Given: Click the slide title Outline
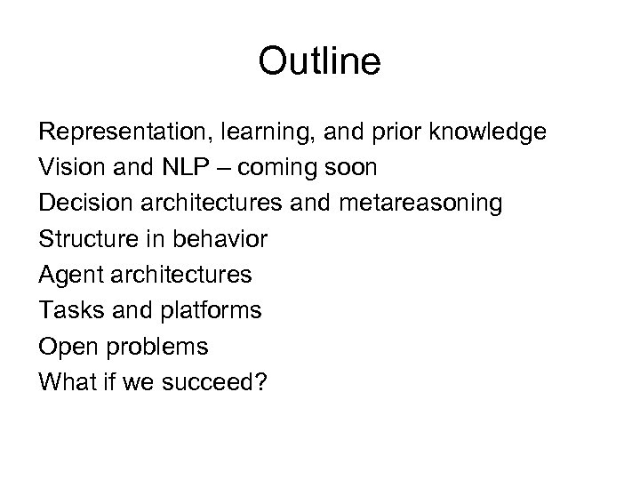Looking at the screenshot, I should coord(319,62).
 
